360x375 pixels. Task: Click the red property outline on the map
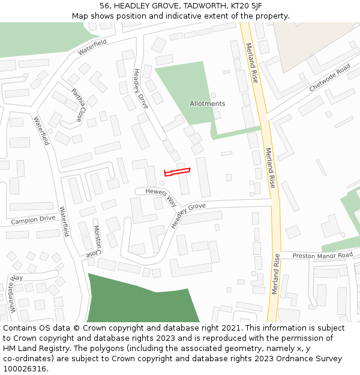click(x=177, y=172)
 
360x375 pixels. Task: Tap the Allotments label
click(x=208, y=104)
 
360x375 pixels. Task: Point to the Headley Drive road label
click(x=140, y=88)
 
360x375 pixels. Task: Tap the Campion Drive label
click(x=33, y=220)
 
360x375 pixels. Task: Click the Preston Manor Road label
click(x=322, y=256)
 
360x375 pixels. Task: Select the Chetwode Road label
click(x=329, y=78)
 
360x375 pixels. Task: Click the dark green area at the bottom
click(x=144, y=300)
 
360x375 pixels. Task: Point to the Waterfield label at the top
click(x=92, y=47)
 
